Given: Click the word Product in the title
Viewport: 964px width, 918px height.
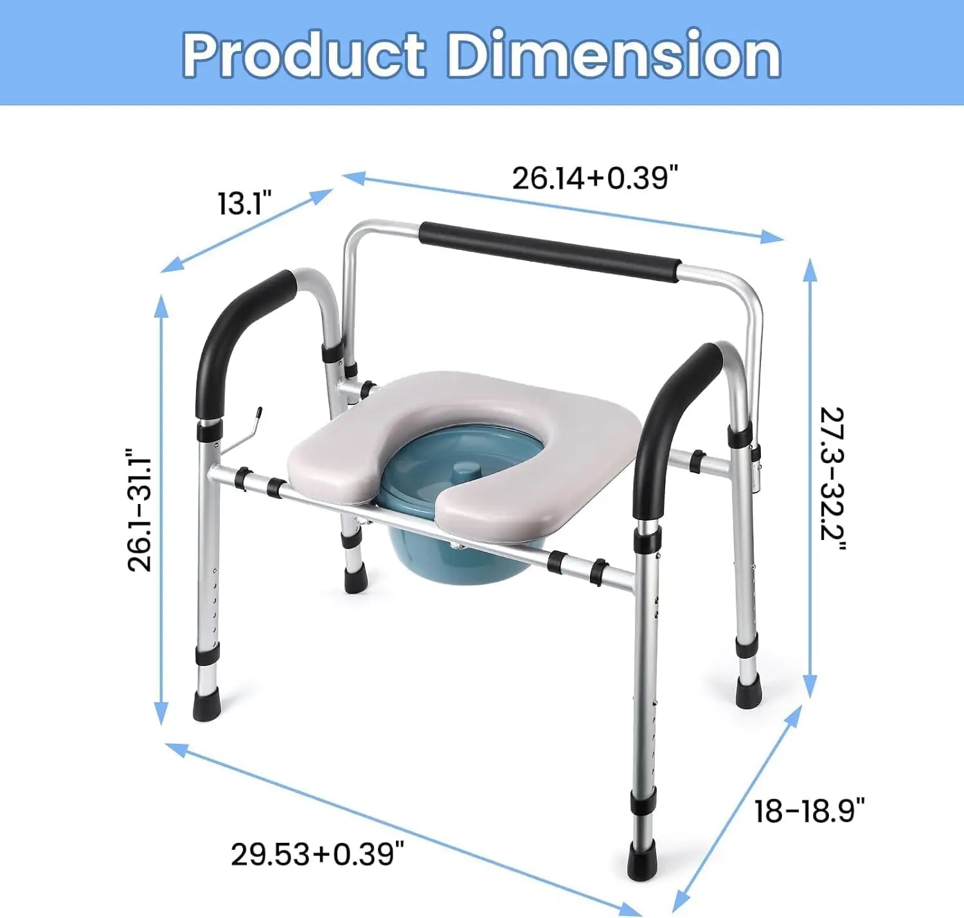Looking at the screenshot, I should pos(303,55).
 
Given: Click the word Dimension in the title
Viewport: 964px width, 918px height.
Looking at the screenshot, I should pos(614,55).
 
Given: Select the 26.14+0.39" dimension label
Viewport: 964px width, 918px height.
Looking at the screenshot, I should pos(594,177).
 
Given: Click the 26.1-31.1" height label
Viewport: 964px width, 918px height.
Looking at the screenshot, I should pos(139,510).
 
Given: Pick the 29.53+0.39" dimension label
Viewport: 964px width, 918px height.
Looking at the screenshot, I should pos(317,854).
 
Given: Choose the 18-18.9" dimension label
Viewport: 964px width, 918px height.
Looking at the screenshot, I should pos(809,811).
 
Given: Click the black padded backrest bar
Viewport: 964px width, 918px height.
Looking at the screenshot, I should pos(549,251).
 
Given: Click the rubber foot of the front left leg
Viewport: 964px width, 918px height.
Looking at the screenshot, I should pos(206,704).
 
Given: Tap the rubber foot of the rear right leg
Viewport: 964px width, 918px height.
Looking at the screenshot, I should pos(749,693).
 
